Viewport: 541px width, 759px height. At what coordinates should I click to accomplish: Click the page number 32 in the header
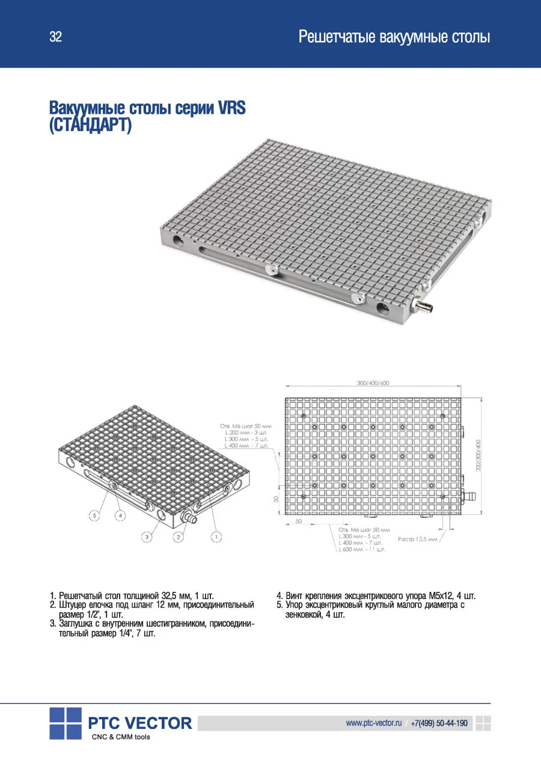(55, 37)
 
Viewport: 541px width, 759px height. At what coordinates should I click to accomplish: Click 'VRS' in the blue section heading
(231, 109)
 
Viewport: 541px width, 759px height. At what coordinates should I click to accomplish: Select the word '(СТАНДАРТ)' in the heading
(90, 127)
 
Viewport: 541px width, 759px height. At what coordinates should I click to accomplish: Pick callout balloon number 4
(121, 515)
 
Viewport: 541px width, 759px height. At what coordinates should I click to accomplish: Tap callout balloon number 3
(146, 535)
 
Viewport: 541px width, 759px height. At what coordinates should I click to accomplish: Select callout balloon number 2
(178, 535)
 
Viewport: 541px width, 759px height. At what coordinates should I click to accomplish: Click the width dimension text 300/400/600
(373, 382)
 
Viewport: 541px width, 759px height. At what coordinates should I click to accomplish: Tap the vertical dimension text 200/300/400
(478, 455)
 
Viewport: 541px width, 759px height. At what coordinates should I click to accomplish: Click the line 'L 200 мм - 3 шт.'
(246, 432)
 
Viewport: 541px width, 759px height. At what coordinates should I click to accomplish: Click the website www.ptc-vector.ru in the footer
(373, 723)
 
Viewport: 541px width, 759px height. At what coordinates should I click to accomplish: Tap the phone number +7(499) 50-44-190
(439, 723)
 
